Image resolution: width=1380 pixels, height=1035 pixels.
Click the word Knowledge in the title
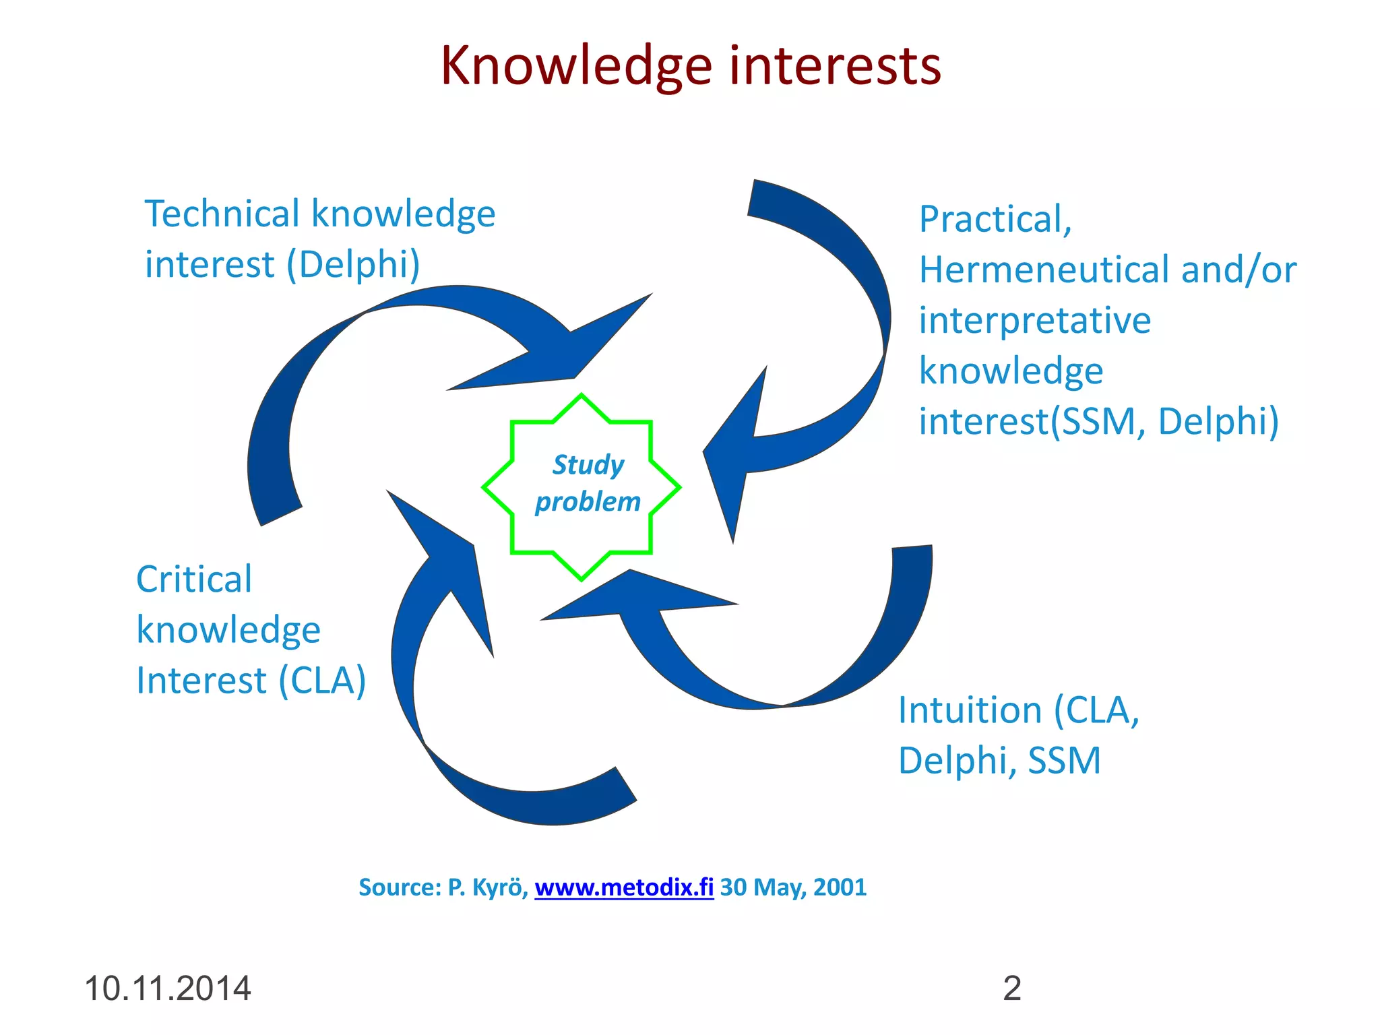(576, 66)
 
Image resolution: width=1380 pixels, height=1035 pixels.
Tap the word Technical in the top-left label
(222, 214)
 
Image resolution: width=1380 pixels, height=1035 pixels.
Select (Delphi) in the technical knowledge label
(353, 264)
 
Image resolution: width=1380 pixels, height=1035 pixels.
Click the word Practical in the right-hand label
(995, 220)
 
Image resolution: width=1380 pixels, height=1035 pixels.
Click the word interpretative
(1035, 321)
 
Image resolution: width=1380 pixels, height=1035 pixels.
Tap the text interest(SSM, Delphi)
(1098, 422)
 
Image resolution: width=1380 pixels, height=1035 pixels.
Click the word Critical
(194, 579)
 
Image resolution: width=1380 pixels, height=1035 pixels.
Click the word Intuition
(970, 710)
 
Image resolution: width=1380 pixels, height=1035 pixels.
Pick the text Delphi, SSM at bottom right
(999, 761)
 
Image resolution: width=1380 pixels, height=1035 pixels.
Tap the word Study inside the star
(588, 465)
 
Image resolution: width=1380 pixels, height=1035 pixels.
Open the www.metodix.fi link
(624, 887)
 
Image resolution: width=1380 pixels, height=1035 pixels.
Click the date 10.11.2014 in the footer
(167, 989)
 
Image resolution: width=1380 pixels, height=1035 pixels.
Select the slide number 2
(1012, 989)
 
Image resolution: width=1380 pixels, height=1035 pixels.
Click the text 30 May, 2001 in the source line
(793, 887)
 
